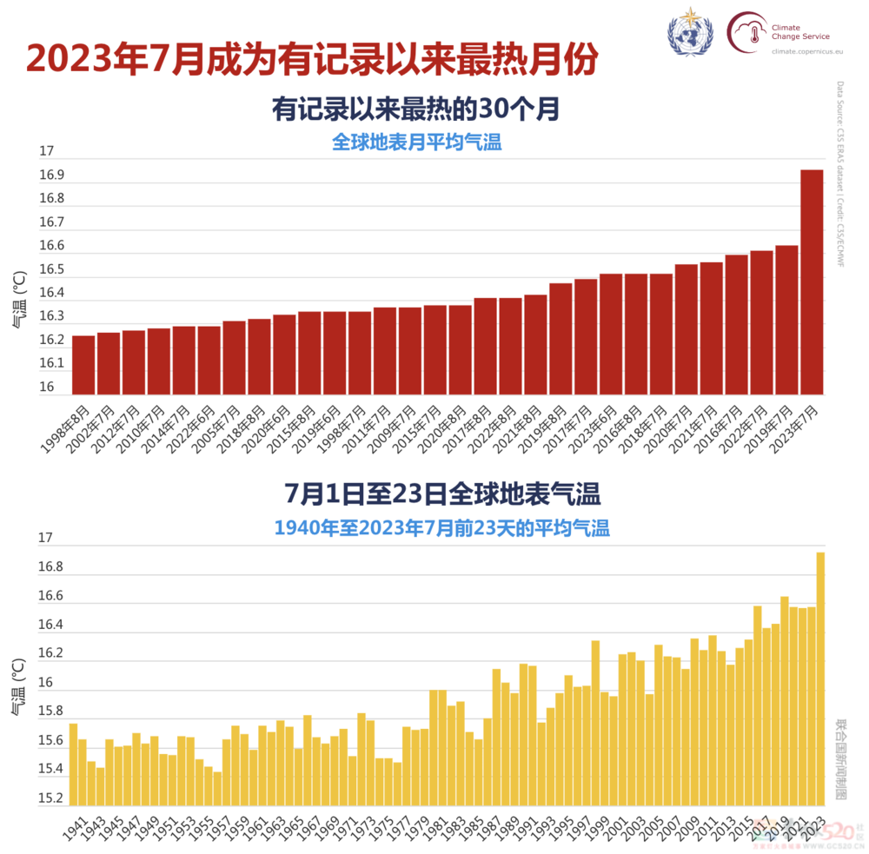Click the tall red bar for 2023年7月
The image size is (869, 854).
811,282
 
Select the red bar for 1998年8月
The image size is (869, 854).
83,365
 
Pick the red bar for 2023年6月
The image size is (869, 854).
610,334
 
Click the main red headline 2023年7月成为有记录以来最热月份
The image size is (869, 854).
312,59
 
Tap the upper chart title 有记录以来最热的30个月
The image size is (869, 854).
415,110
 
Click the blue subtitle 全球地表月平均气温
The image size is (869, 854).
416,142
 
